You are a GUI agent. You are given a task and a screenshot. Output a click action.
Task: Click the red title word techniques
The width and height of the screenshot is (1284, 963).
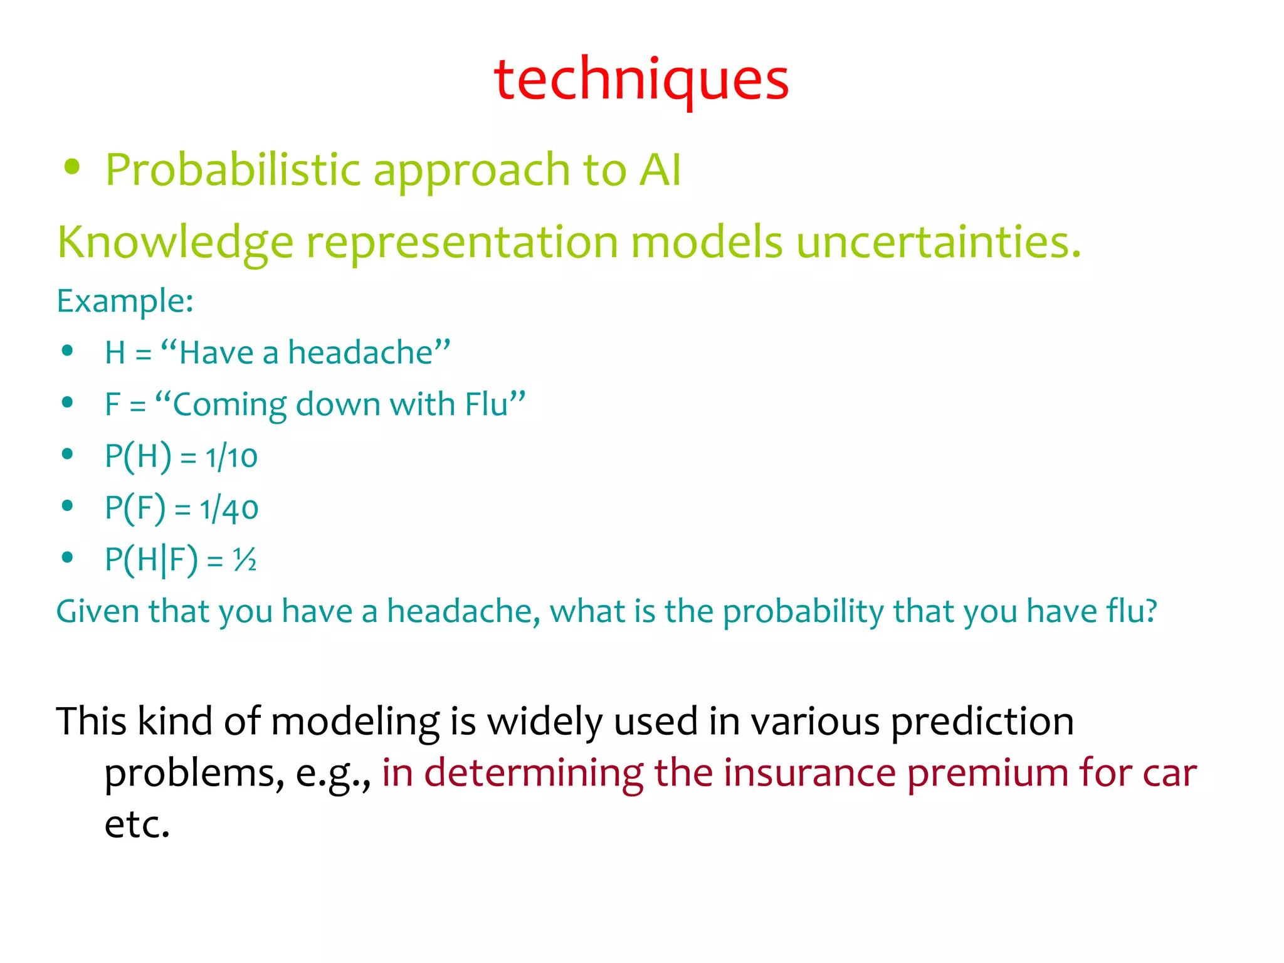coord(641,80)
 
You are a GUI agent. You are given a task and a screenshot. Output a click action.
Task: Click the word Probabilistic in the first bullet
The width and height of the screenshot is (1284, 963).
coord(233,170)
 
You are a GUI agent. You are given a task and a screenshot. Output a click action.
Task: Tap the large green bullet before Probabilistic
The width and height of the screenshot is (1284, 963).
coord(73,167)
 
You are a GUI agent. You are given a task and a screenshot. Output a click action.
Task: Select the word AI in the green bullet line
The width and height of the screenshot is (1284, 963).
coord(660,170)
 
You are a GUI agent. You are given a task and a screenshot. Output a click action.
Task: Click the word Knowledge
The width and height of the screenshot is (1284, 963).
coord(175,243)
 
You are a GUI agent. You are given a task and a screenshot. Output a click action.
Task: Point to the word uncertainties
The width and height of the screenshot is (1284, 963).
coord(938,242)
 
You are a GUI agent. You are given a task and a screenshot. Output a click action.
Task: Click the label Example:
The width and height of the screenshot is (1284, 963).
coord(125,301)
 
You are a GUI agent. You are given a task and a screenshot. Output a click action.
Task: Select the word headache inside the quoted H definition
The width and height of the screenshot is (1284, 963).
coord(360,352)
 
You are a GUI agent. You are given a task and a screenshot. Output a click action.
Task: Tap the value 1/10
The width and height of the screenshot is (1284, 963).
coord(231,456)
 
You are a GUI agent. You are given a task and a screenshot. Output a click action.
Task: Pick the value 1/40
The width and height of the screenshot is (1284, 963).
coord(229,508)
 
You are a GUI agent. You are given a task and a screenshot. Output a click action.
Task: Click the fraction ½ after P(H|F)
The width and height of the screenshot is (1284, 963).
coord(245,559)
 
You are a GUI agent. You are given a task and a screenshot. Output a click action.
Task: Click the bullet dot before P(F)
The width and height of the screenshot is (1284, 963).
coord(68,505)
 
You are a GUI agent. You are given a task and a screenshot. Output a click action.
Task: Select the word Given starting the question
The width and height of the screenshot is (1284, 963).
coord(97,611)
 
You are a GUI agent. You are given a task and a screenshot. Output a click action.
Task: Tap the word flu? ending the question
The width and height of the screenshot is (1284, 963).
coord(1131,611)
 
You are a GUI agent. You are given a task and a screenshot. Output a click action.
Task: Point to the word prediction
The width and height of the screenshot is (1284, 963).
coord(982,721)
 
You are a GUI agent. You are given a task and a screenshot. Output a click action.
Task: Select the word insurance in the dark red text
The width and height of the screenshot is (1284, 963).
coord(809,772)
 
